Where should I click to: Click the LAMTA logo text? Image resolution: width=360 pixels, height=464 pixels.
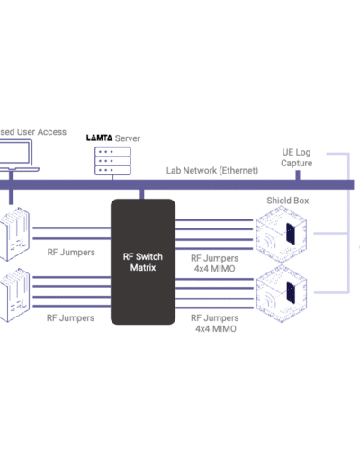pyautogui.click(x=99, y=138)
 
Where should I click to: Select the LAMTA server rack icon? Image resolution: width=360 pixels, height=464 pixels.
pyautogui.click(x=112, y=161)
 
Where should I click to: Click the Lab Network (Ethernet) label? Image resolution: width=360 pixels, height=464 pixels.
pyautogui.click(x=212, y=171)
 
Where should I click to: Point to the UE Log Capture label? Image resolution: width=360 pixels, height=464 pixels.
pyautogui.click(x=296, y=157)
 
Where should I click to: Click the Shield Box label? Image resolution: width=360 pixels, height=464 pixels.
pyautogui.click(x=288, y=201)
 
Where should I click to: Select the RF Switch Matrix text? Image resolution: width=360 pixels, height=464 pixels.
pyautogui.click(x=143, y=262)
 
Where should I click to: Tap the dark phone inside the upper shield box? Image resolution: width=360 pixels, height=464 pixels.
pyautogui.click(x=291, y=234)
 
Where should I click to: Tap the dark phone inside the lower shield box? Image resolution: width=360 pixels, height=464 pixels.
pyautogui.click(x=291, y=293)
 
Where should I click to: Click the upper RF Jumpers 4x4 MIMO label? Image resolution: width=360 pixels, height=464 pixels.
pyautogui.click(x=214, y=263)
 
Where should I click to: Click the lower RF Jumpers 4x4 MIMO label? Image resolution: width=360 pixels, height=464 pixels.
pyautogui.click(x=215, y=323)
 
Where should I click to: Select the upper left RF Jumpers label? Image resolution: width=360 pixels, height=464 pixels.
pyautogui.click(x=71, y=253)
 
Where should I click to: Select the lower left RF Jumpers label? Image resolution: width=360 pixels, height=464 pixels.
pyautogui.click(x=70, y=317)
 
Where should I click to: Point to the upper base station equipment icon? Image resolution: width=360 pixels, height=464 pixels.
pyautogui.click(x=14, y=234)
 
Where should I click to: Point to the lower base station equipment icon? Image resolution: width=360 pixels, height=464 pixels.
pyautogui.click(x=14, y=295)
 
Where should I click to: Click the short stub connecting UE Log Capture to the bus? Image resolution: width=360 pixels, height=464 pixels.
pyautogui.click(x=298, y=175)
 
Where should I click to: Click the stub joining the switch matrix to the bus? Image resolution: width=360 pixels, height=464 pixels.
pyautogui.click(x=142, y=194)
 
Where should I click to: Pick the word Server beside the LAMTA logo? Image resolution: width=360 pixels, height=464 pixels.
pyautogui.click(x=128, y=138)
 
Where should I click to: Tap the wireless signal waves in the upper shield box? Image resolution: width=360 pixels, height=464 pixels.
pyautogui.click(x=269, y=238)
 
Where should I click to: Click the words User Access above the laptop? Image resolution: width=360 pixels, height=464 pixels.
pyautogui.click(x=41, y=132)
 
